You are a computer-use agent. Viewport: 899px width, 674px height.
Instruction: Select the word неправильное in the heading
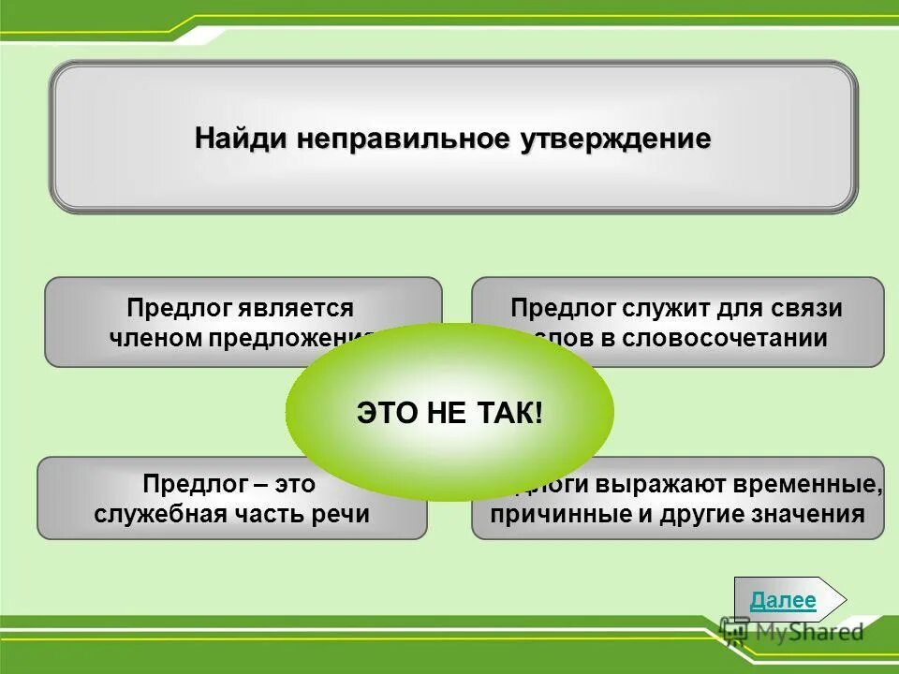coord(404,139)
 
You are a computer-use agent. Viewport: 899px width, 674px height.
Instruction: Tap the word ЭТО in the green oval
coord(385,413)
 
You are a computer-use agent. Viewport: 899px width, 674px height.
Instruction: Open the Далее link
coord(783,601)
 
